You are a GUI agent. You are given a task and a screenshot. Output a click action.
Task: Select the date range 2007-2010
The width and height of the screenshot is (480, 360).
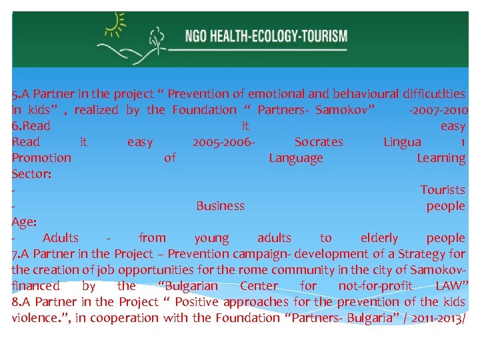click(439, 110)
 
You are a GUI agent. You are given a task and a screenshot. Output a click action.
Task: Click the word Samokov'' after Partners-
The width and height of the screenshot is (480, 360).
click(345, 110)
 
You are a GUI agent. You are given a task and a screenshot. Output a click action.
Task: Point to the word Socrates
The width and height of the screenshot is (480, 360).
click(319, 142)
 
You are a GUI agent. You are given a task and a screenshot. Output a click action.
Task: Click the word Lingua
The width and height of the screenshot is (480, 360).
click(402, 142)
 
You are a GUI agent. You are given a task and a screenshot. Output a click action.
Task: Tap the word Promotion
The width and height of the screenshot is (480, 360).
click(41, 158)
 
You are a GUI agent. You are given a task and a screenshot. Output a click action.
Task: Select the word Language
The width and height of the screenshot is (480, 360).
click(296, 158)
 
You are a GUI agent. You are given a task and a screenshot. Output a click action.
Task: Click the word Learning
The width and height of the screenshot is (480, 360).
click(441, 158)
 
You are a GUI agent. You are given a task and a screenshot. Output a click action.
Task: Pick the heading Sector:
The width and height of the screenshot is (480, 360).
click(31, 174)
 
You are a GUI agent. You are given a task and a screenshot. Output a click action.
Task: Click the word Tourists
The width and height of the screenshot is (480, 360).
click(443, 190)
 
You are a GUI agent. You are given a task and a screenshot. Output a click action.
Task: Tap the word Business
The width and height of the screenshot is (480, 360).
click(220, 206)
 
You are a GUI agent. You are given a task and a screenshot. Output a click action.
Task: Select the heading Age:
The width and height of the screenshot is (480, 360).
click(24, 222)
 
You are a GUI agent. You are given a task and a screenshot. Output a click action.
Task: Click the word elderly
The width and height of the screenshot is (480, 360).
click(379, 238)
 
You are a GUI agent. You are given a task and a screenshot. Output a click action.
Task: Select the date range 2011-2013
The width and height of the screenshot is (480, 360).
click(435, 318)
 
